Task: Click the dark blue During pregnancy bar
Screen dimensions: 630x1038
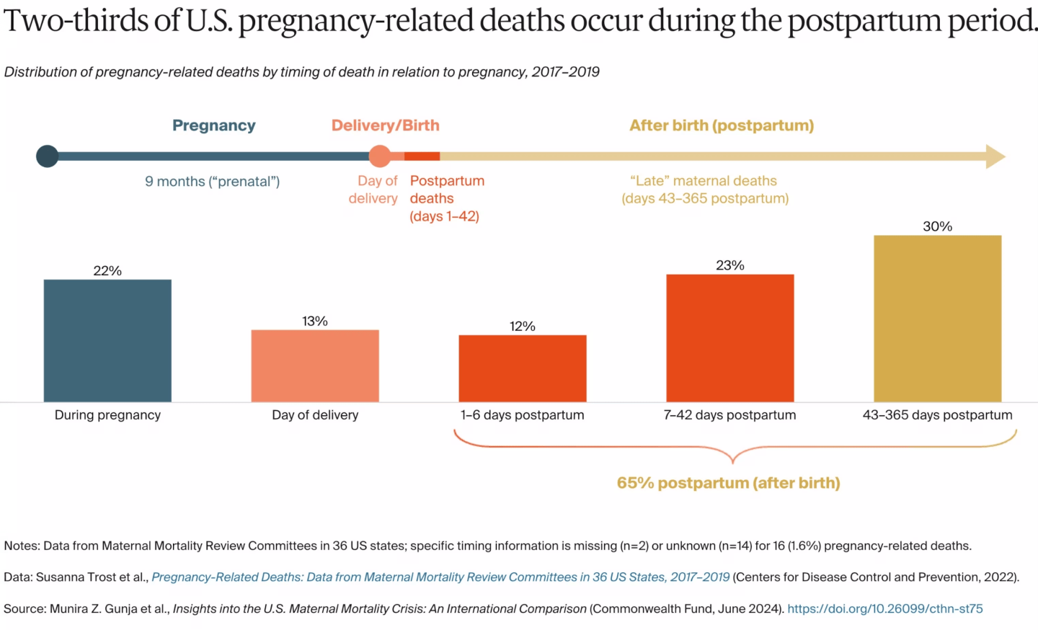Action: tap(107, 340)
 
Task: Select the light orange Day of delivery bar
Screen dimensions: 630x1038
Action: tap(315, 365)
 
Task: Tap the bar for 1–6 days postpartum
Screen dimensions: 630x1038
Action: tap(523, 368)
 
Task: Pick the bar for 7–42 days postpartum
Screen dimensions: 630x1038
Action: tap(729, 338)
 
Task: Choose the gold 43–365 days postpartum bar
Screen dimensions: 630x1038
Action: tap(937, 319)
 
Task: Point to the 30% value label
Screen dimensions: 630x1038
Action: tap(937, 226)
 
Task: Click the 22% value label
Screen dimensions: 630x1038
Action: tap(107, 271)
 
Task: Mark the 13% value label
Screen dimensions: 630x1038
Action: tap(315, 321)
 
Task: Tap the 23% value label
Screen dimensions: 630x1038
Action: tap(729, 265)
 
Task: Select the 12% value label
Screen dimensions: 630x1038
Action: tap(523, 327)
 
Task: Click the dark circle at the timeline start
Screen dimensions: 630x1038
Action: tap(48, 156)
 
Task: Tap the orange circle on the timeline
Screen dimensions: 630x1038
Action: tap(380, 156)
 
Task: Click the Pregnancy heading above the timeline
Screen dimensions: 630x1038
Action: tap(214, 125)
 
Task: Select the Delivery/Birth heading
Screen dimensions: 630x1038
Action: tap(386, 125)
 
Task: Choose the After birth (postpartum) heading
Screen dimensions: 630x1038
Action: tap(722, 125)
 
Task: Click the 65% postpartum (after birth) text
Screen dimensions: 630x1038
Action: tap(728, 483)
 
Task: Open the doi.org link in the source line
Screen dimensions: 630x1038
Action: tap(884, 609)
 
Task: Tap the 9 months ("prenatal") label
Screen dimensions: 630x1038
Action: tap(212, 182)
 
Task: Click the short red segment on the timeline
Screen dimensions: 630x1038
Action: tap(422, 156)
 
